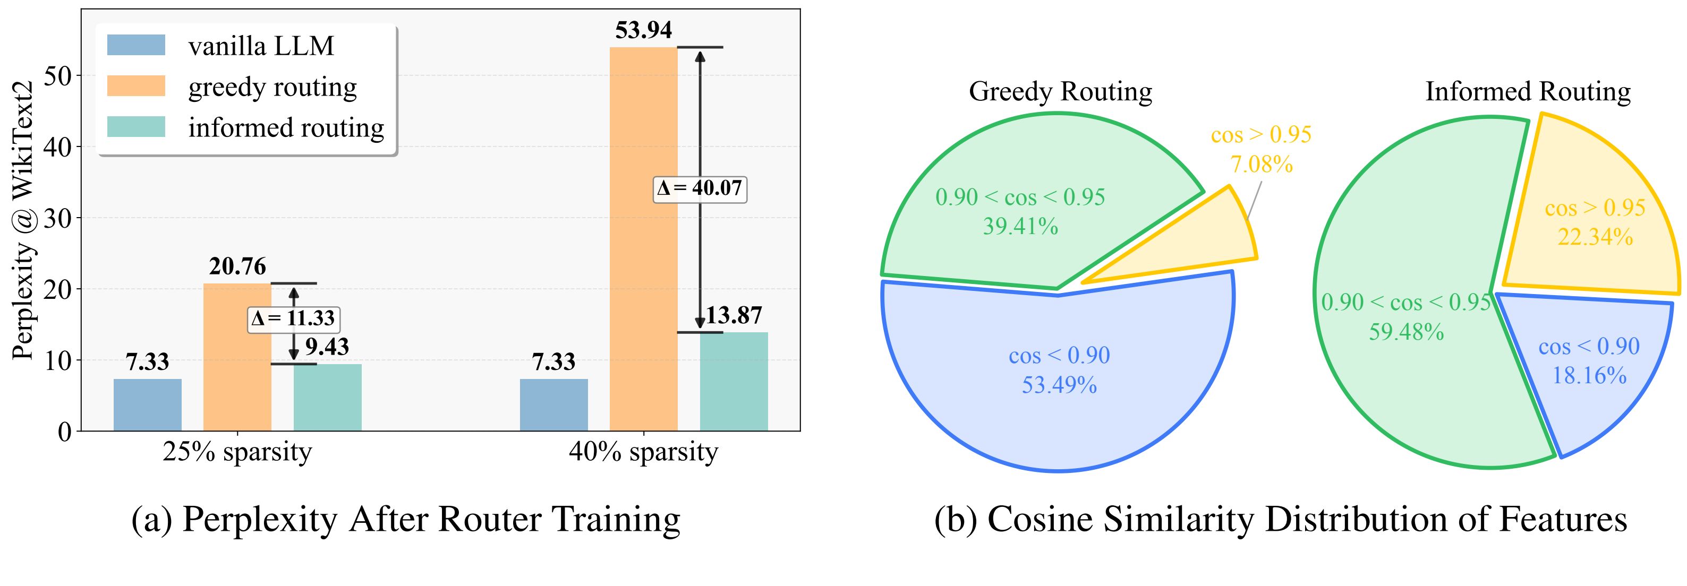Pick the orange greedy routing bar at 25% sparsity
coord(237,357)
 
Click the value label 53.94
coord(643,30)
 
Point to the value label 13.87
coord(734,316)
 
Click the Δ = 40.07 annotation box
coord(700,188)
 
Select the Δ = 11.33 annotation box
coord(293,318)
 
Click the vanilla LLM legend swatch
coord(136,45)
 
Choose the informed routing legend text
coord(286,128)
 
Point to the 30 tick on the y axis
coord(57,218)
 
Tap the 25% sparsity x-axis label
coord(237,452)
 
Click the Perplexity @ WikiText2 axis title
coord(23,222)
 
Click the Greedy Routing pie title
coord(1060,92)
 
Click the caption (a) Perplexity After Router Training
coord(406,520)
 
